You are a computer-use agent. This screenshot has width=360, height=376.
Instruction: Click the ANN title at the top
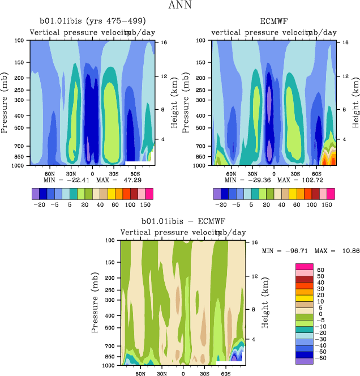pos(180,6)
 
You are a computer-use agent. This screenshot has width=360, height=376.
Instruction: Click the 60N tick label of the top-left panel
pos(49,173)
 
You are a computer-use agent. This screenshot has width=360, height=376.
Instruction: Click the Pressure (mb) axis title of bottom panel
pos(94,303)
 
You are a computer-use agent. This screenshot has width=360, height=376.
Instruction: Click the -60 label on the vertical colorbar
pos(321,359)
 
